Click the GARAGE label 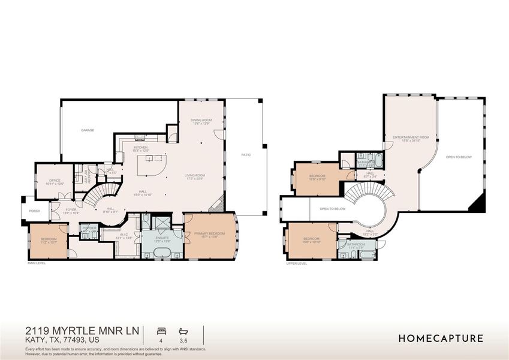point(88,130)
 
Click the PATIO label point(246,155)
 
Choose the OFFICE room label point(46,181)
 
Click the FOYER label point(71,211)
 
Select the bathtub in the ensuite point(161,253)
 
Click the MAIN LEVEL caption point(37,263)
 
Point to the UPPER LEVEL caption point(297,263)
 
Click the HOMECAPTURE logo point(441,338)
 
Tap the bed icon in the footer point(161,331)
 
